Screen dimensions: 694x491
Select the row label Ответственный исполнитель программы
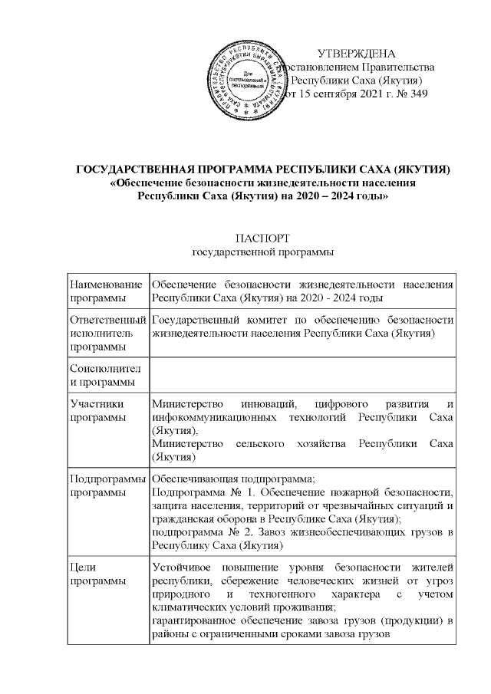click(107, 333)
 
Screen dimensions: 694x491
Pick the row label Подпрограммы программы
click(107, 485)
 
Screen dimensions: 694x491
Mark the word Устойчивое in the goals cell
click(183, 567)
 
